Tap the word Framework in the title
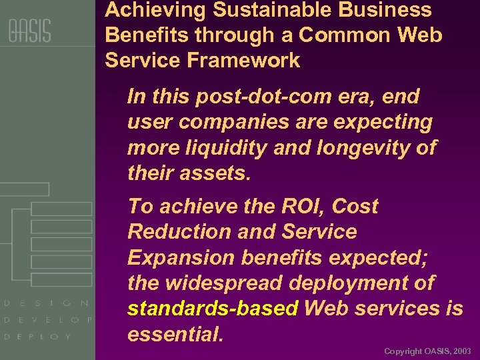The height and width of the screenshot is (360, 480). click(244, 61)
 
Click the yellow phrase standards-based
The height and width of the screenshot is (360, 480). click(213, 309)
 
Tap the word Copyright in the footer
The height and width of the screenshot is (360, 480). click(403, 351)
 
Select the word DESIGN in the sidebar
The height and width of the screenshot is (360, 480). click(47, 303)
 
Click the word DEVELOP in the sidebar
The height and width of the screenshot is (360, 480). click(47, 320)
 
